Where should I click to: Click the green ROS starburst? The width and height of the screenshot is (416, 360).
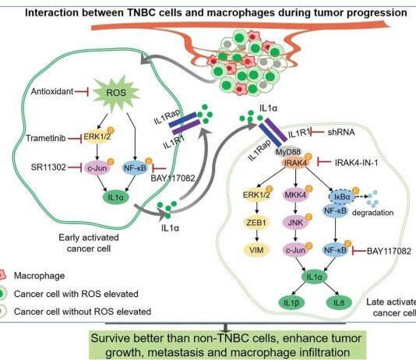116,92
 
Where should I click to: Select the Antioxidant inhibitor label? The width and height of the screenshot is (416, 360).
52,91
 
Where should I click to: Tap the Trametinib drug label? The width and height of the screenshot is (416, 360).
46,138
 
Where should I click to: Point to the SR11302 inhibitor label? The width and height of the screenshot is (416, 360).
48,167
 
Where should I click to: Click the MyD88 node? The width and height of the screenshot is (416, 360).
288,152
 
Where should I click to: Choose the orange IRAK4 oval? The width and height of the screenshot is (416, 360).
295,163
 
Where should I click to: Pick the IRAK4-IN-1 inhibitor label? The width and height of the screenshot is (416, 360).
356,162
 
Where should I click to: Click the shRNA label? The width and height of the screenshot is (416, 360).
341,132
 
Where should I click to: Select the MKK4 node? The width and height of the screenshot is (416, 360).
295,196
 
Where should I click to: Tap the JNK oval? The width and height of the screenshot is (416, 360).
295,222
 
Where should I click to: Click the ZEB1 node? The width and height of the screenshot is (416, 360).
256,222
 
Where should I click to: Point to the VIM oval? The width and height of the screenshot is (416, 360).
256,250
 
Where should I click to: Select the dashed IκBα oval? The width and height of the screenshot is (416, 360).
342,197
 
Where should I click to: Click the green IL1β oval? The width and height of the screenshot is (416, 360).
291,302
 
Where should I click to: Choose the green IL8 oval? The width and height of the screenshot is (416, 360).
339,302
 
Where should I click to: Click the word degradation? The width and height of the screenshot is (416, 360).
372,213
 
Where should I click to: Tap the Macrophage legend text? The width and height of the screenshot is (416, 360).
39,276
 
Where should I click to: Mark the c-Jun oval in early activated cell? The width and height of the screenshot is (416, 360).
97,168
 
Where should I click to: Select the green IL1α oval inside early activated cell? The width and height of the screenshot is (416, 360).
115,197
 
